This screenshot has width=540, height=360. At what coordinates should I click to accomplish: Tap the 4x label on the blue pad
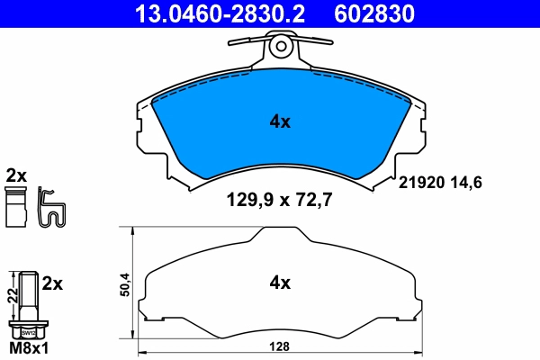click(281, 121)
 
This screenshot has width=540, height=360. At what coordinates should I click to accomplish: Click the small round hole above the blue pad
click(282, 44)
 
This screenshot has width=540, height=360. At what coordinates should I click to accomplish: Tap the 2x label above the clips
click(16, 174)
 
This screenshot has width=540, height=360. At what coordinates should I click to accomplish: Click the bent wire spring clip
click(52, 209)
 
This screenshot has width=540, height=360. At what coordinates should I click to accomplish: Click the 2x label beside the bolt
click(52, 283)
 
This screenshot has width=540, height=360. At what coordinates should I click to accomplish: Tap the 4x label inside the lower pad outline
click(281, 283)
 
